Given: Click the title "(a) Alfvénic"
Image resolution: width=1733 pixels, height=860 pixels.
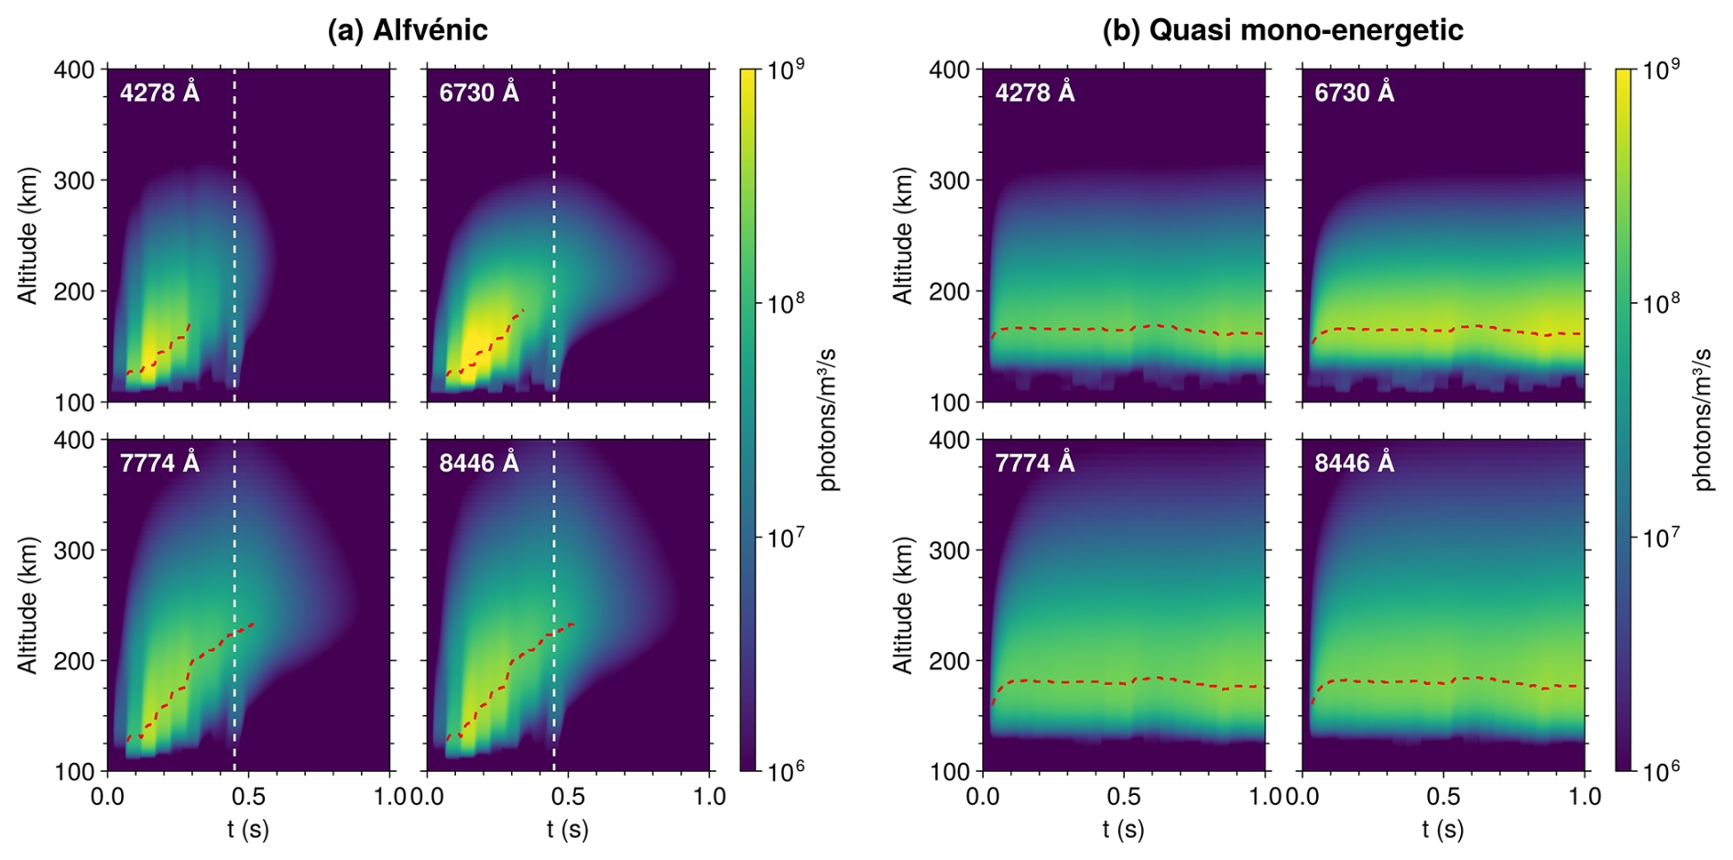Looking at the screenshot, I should tap(408, 30).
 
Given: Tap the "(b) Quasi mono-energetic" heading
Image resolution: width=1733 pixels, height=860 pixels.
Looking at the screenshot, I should tap(1282, 30).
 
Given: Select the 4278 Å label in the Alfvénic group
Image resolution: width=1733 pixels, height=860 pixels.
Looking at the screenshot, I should tap(159, 93).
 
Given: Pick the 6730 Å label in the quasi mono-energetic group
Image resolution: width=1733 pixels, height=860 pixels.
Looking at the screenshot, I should tap(1354, 93).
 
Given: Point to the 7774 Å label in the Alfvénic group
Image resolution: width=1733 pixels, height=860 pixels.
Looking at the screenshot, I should tap(159, 463).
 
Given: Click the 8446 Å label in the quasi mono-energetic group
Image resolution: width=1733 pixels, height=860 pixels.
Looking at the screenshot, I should tap(1354, 463).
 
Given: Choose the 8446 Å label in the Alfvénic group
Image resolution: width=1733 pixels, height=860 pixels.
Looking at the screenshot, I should tap(479, 463).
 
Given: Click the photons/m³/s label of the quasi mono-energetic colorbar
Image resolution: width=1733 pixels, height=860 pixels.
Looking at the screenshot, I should tap(1704, 419).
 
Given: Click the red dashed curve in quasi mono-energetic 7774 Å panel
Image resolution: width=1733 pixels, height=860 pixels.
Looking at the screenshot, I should tap(1127, 681).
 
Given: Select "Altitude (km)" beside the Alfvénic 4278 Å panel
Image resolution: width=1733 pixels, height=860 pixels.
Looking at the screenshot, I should tap(28, 235).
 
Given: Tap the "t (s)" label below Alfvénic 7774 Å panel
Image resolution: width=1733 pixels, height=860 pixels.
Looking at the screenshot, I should tap(248, 829).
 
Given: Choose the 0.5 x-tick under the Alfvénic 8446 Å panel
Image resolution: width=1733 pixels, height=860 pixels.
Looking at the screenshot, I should tap(568, 796).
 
